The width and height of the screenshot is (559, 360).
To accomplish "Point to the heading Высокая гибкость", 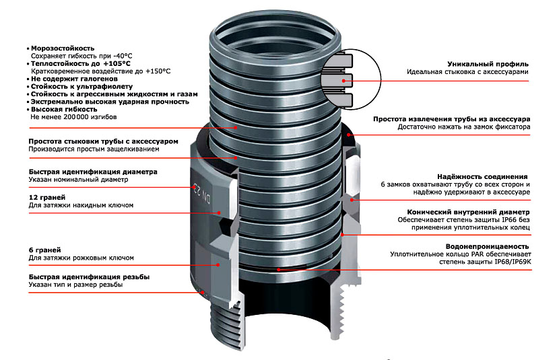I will pos(64,109).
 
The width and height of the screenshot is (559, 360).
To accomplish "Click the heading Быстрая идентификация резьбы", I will pos(89,277).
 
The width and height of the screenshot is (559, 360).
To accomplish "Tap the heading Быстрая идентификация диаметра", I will pos(93,172).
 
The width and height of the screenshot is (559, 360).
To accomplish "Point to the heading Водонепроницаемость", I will pos(488,246).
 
